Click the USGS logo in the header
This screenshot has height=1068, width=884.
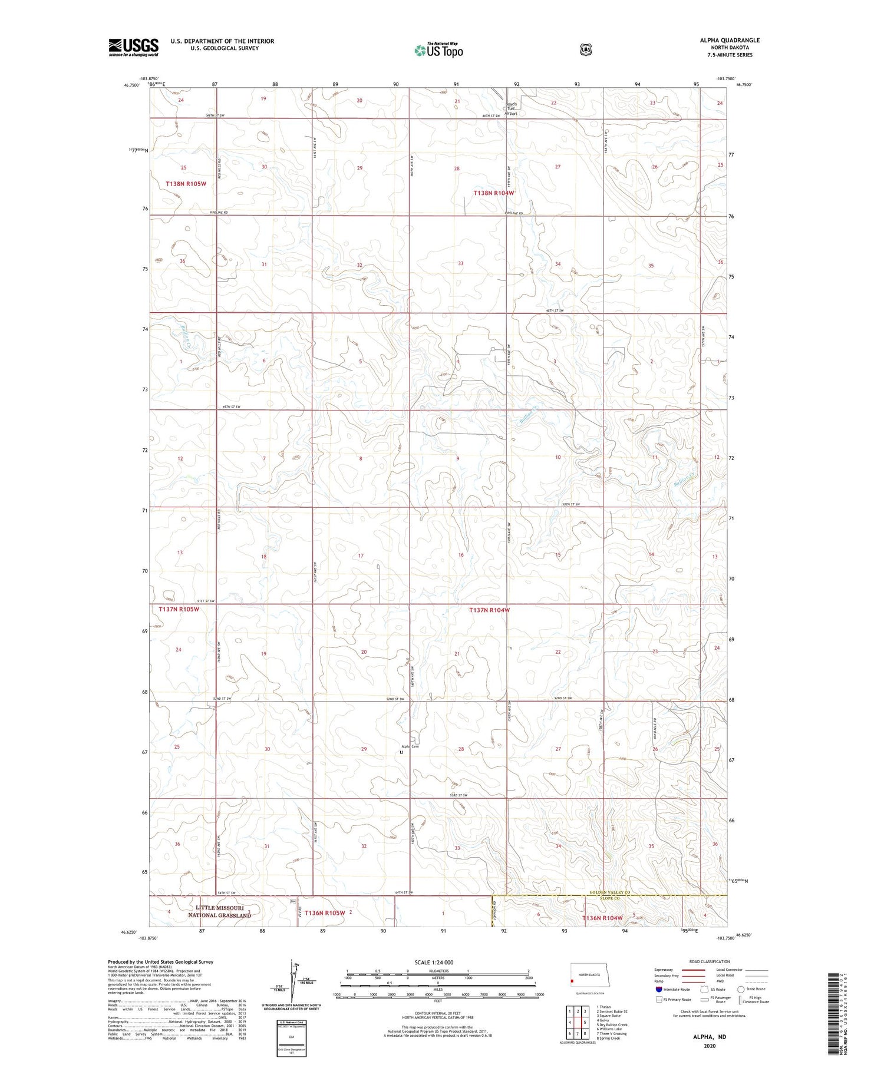[x=133, y=47]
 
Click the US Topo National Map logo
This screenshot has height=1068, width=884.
[x=438, y=50]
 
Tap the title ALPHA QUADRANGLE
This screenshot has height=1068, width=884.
[x=730, y=40]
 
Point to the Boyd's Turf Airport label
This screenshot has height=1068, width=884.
[x=510, y=109]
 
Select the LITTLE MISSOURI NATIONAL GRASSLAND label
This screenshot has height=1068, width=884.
[x=219, y=911]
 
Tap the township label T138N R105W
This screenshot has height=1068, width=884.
[x=186, y=184]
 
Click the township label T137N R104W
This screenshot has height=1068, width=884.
[x=489, y=610]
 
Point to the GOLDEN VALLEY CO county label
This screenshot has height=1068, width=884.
[x=610, y=892]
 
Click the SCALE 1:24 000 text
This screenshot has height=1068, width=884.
[x=434, y=962]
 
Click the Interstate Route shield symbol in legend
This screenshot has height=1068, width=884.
[x=659, y=989]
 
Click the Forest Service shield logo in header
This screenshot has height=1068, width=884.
[x=585, y=50]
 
